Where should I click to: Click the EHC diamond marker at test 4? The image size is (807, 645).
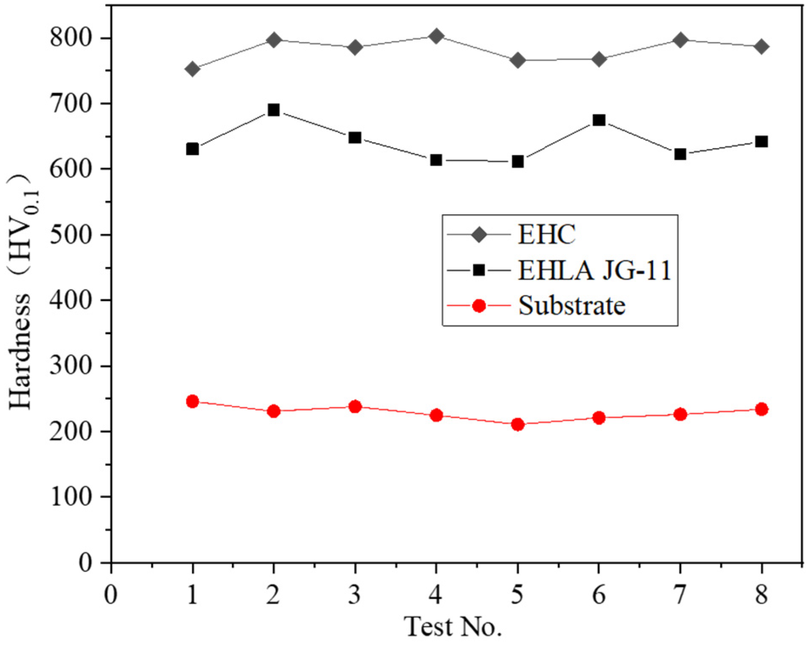tap(436, 36)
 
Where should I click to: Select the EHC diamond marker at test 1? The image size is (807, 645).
tap(192, 69)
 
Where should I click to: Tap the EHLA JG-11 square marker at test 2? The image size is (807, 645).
tap(274, 110)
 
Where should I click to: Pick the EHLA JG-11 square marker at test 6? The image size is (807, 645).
tap(599, 120)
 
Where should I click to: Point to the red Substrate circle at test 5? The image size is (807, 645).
tap(517, 424)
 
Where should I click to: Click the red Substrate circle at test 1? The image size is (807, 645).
tap(192, 401)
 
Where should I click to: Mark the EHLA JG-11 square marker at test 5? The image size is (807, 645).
tap(517, 161)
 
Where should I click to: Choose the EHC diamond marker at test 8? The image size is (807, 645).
tap(762, 46)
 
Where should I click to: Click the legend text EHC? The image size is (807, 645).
tap(547, 234)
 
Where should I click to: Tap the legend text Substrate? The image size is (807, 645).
tap(572, 306)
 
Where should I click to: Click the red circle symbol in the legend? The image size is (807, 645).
tap(479, 306)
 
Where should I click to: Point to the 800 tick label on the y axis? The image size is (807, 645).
tap(71, 38)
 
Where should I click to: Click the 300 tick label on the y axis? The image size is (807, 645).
tap(71, 365)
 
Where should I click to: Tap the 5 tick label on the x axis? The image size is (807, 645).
tap(517, 595)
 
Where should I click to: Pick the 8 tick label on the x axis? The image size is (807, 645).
tap(762, 595)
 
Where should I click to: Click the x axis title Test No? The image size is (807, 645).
tap(453, 627)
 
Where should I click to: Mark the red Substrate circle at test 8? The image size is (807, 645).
tap(762, 409)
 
